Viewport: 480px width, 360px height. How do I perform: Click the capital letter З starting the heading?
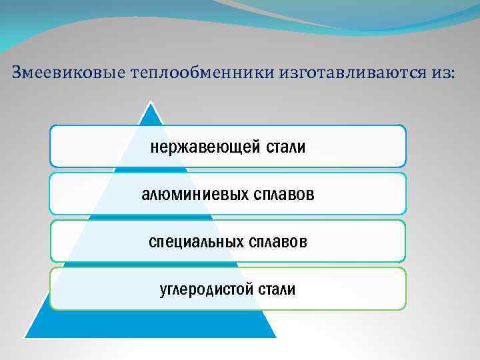[18, 72]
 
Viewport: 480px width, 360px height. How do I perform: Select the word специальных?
[196, 241]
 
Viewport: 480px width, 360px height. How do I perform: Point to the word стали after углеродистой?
[277, 289]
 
